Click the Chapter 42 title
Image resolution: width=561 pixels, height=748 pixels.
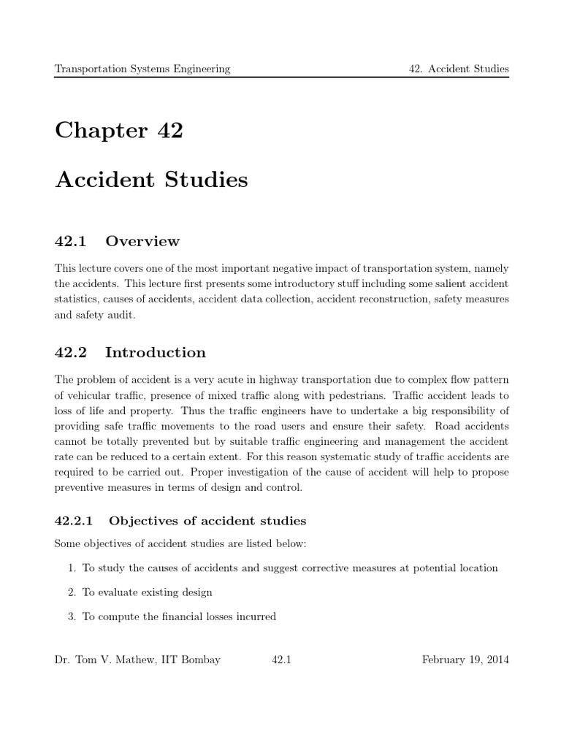tap(119, 131)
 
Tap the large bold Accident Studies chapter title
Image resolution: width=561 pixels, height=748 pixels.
tap(151, 180)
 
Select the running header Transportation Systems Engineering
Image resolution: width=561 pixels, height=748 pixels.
tap(142, 69)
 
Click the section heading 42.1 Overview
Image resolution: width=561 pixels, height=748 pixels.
tap(117, 241)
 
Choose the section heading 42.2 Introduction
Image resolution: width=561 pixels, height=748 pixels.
tap(130, 353)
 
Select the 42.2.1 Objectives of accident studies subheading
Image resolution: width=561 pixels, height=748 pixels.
tap(180, 521)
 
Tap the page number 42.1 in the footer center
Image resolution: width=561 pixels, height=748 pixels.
tap(281, 660)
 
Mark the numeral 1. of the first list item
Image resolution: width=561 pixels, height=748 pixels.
tap(72, 568)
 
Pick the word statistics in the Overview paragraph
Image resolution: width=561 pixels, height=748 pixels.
tap(77, 299)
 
